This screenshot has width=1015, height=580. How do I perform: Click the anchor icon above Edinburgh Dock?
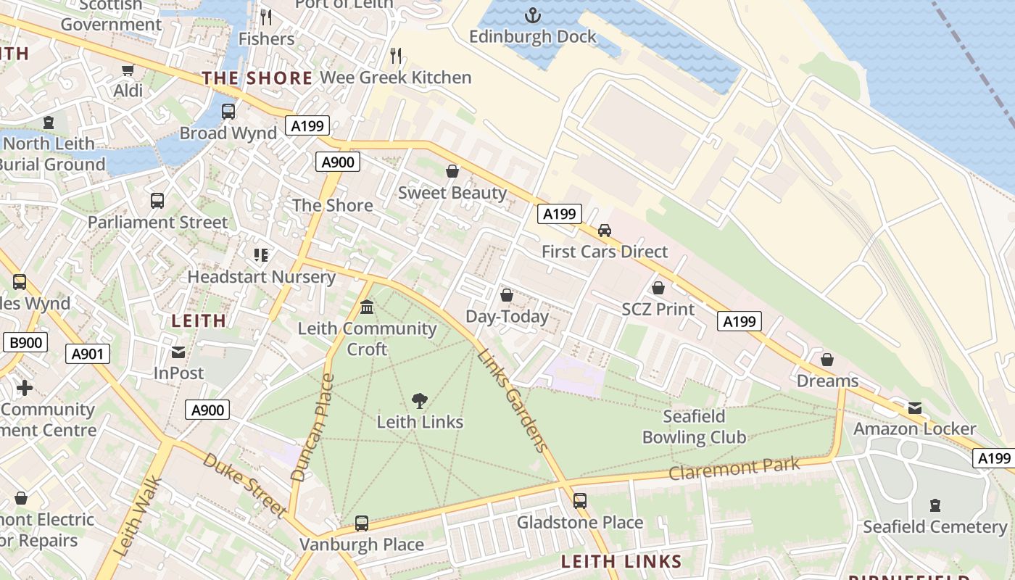pos(533,14)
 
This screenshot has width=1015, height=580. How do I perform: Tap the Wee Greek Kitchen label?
pos(395,78)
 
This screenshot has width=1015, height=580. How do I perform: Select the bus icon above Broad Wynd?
pos(228,112)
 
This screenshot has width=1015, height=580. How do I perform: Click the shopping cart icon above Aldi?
pos(128,70)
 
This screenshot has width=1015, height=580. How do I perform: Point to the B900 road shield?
pos(25,343)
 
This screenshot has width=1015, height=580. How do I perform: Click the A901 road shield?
pos(88,354)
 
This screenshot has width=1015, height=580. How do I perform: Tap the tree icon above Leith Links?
pos(419,400)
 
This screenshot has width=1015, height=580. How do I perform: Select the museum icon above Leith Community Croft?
pos(367,307)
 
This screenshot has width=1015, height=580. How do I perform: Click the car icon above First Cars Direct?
pos(604,231)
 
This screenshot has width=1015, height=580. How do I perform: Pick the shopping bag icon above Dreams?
pos(827,360)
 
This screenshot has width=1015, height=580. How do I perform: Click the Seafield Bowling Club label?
pos(694,427)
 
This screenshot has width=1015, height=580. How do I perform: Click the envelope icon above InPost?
pos(178,352)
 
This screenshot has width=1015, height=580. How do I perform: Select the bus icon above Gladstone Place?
pos(579,501)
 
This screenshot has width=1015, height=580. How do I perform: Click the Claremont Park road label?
pos(734,468)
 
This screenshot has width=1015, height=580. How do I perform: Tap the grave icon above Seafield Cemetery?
pos(935,505)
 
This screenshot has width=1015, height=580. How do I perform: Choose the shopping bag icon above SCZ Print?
pos(658,288)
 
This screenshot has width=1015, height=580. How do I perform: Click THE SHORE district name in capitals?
pos(257,78)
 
